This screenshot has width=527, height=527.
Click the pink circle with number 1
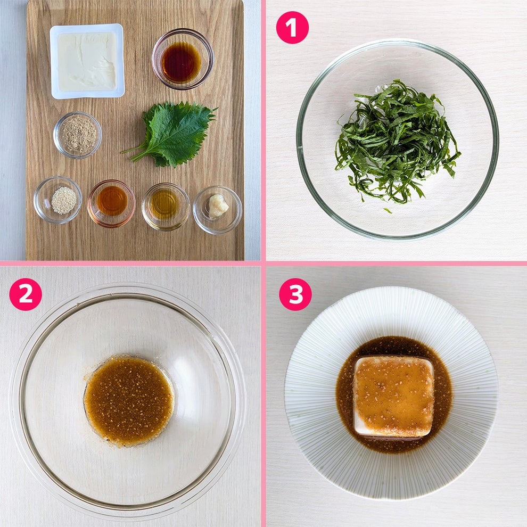[292, 28]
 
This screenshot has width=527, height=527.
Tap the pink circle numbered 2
[26, 294]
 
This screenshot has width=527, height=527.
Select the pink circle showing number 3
[295, 294]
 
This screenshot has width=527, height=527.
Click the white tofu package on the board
[87, 61]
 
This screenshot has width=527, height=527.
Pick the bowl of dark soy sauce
[183, 59]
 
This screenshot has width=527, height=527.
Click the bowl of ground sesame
[78, 135]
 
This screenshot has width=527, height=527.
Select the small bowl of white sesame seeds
[58, 200]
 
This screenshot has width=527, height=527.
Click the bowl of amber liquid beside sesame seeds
[112, 204]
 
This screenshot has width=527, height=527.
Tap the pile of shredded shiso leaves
[397, 142]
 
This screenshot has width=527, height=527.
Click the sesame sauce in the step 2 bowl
[129, 401]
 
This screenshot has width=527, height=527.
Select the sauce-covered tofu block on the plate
[394, 397]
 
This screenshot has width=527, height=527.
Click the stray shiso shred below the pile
[388, 211]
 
